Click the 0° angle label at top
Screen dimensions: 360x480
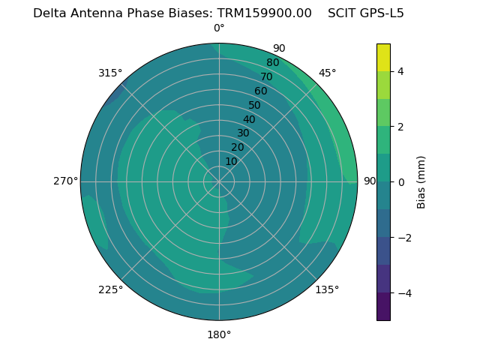pyautogui.click(x=219, y=28)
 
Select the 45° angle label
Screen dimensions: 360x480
pyautogui.click(x=327, y=73)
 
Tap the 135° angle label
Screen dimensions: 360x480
pyautogui.click(x=327, y=289)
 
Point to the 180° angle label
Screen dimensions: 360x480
pyautogui.click(x=219, y=334)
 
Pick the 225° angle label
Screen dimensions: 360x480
pyautogui.click(x=110, y=289)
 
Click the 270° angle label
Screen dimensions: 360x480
pyautogui.click(x=65, y=181)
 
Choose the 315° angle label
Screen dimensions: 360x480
pyautogui.click(x=110, y=73)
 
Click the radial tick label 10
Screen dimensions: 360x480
pyautogui.click(x=231, y=161)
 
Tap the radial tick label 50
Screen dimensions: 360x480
pyautogui.click(x=254, y=105)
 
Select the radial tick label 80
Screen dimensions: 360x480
pyautogui.click(x=272, y=62)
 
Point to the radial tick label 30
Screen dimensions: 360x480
pyautogui.click(x=243, y=133)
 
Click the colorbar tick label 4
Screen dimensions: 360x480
pyautogui.click(x=400, y=71)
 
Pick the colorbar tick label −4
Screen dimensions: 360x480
pyautogui.click(x=403, y=293)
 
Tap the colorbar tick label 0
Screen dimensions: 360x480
pyautogui.click(x=400, y=182)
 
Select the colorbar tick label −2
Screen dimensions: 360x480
pyautogui.click(x=403, y=238)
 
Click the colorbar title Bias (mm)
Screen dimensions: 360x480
pyautogui.click(x=421, y=182)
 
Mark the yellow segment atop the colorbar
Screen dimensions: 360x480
pyautogui.click(x=383, y=57)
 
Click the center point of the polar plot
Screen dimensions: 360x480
pyautogui.click(x=219, y=181)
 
